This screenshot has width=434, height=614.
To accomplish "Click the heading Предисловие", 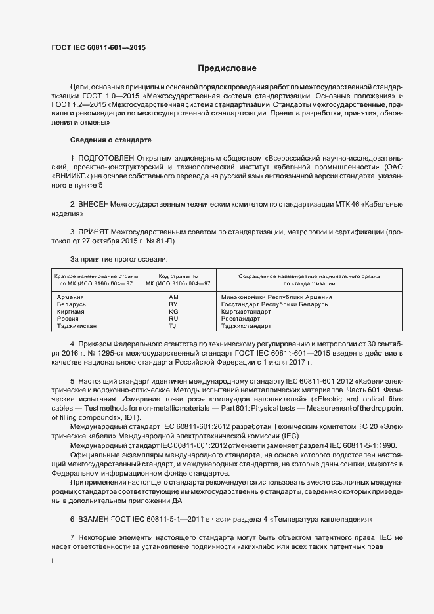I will coord(227,68).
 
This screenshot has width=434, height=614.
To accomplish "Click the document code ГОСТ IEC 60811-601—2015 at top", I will coord(98,48).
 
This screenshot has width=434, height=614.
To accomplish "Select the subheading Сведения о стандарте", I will coord(110,140).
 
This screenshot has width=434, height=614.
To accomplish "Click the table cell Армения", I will coord(71,297).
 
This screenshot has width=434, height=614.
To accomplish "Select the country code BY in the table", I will coord(173,304).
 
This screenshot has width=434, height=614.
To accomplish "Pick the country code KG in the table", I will coord(173,312).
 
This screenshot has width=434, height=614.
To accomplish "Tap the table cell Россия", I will coord(69,319).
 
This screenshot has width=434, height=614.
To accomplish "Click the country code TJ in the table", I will coord(173,326).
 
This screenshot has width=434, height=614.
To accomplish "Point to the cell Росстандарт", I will coord(241,319).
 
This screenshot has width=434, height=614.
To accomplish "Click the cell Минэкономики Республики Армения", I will coord(276,297).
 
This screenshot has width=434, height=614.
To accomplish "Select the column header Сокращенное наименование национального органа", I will coord(309,277).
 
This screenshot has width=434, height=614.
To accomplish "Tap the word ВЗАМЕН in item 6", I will coord(96,519).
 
